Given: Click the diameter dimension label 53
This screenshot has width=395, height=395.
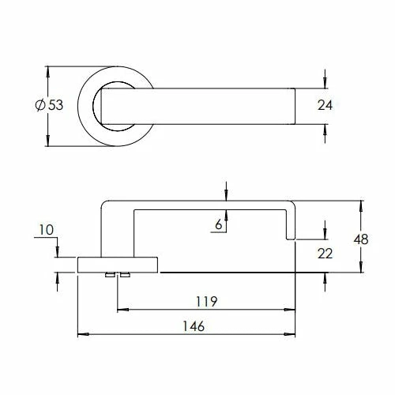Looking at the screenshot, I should coord(55,106).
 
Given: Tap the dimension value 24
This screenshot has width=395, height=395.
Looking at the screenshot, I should coord(325,106).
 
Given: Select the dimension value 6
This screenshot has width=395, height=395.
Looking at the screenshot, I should coord(219,224).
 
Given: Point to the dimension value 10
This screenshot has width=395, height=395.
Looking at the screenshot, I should coord(44,230).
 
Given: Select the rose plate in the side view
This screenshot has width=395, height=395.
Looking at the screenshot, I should coord(118,264).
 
